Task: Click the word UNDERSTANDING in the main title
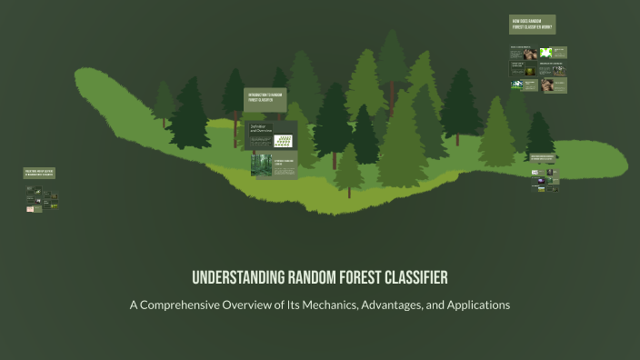239,277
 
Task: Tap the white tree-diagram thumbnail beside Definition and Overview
285,142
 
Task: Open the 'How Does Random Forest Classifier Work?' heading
533,25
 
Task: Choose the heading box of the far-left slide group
40,173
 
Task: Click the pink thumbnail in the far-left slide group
30,209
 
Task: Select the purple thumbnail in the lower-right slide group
538,179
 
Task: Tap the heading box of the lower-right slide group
542,156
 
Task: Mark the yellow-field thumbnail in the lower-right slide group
552,189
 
